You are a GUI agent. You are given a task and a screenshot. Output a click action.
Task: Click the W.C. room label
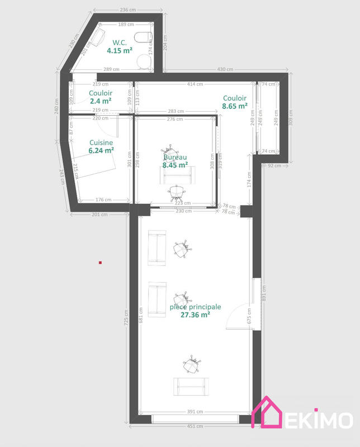pos(120,42)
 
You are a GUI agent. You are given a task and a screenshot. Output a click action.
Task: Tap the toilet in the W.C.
pos(146,37)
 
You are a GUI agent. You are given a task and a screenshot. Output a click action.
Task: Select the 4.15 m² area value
pos(120,50)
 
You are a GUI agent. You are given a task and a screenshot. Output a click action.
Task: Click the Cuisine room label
pos(101,142)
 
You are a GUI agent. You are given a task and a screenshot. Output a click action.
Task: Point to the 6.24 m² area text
pos(102,150)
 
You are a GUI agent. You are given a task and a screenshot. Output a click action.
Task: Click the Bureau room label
pos(175,158)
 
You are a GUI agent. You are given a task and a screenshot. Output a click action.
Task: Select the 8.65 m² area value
pos(235,105)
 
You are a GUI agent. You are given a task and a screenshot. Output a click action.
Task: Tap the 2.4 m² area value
pos(101,101)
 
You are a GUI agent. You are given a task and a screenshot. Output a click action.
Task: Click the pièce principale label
pos(195,307)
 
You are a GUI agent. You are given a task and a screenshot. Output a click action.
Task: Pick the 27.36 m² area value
pos(195,315)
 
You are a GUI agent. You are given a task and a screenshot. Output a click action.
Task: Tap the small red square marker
pos(100,261)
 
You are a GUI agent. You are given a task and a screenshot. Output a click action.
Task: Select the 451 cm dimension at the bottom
pos(195,426)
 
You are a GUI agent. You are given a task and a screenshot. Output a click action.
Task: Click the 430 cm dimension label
pos(225,69)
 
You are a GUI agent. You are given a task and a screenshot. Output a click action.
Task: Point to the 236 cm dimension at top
pos(128,10)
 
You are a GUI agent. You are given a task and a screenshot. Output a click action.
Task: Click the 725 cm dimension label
pos(126,318)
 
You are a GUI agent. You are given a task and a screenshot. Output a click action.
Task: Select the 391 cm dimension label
pos(195,412)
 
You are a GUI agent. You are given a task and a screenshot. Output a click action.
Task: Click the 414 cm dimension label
pos(195,84)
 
